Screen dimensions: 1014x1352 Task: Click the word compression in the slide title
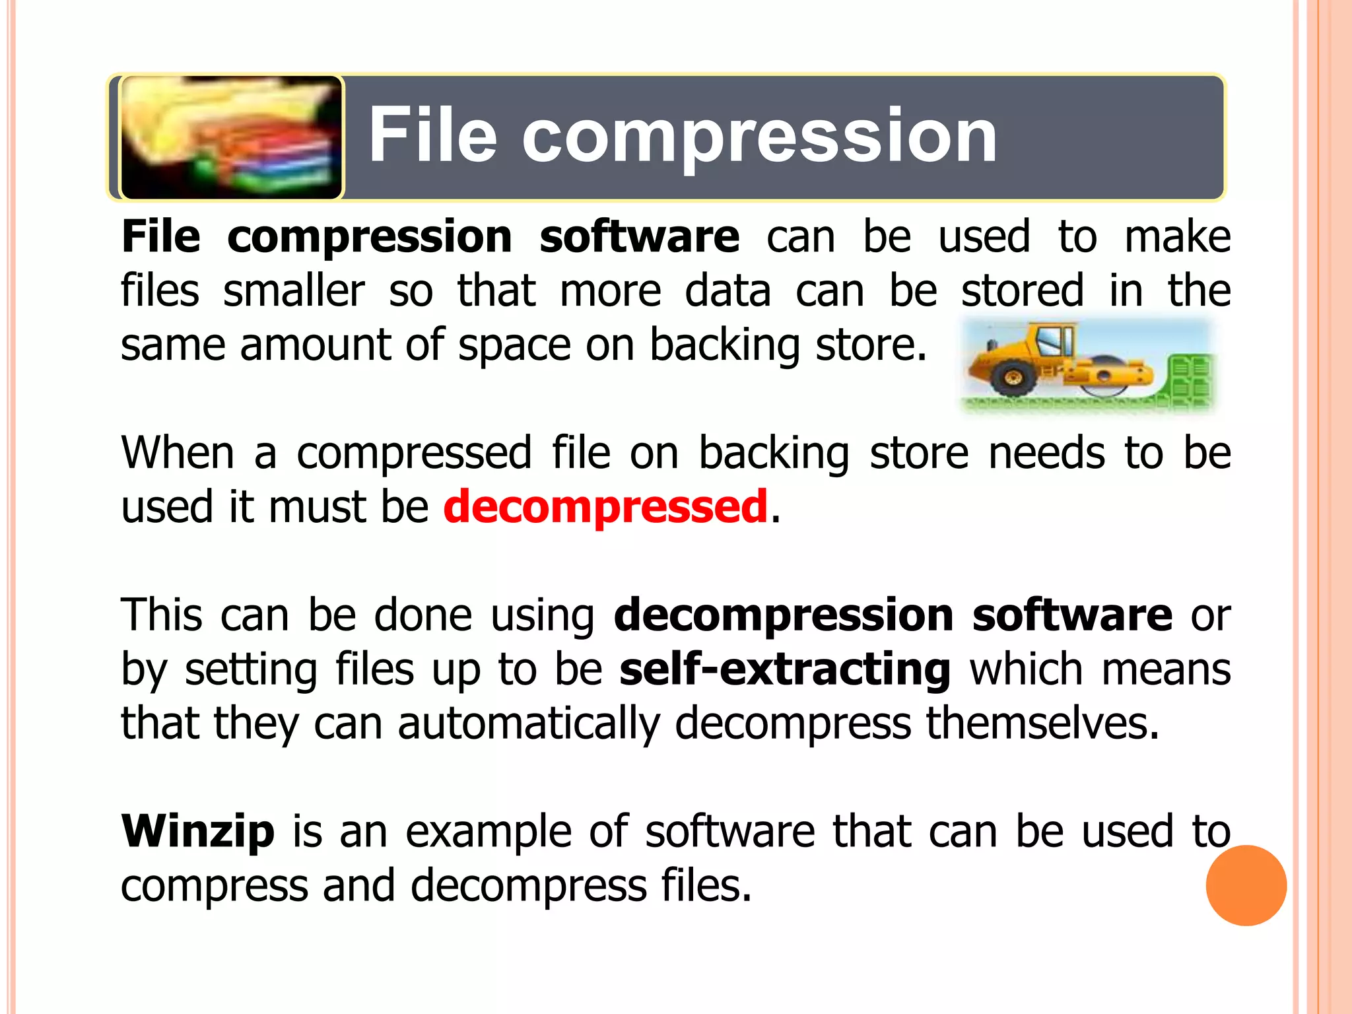tap(759, 137)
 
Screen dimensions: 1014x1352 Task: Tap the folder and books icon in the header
tap(232, 137)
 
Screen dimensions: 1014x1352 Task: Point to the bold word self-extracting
tap(785, 669)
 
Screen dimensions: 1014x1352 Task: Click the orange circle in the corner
tap(1246, 885)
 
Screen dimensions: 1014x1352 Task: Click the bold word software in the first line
tap(639, 236)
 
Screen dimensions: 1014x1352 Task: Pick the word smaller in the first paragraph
tap(294, 290)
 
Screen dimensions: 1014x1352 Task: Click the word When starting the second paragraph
tap(178, 453)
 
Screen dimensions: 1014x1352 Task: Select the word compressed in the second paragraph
tap(414, 453)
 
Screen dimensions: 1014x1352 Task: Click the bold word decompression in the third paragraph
tap(784, 615)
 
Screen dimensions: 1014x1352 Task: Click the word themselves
tap(1042, 724)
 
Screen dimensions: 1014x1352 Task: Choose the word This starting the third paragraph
tap(162, 615)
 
